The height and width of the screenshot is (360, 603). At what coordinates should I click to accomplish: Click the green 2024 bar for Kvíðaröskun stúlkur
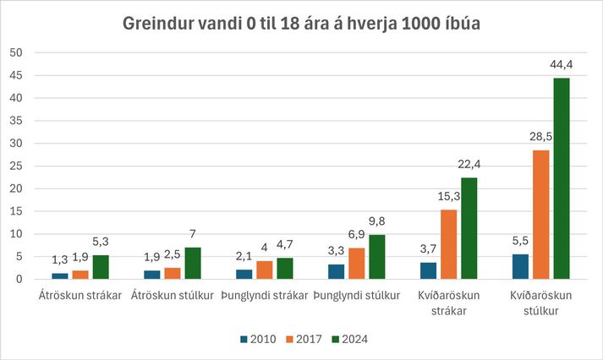pos(562,178)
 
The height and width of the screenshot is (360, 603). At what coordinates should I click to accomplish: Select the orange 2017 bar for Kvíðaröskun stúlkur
pos(541,215)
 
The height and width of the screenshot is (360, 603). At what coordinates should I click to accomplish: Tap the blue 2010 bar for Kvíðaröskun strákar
pos(429,271)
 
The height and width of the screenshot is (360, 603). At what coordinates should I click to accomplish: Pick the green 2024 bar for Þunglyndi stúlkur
pos(377,257)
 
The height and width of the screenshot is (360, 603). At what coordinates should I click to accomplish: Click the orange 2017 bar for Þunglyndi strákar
pos(265,270)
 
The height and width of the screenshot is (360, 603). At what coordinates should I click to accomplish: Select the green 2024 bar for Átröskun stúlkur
pos(193,263)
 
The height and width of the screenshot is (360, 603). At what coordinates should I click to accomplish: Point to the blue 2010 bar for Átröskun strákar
pos(60,276)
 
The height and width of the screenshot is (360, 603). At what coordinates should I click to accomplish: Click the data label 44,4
pos(561,64)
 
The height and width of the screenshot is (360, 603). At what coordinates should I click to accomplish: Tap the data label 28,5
pos(540,136)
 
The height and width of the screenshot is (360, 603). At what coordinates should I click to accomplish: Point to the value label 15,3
pos(449,196)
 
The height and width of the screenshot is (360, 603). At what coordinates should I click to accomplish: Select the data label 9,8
pos(376,221)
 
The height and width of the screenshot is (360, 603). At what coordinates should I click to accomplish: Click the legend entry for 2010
pos(258,339)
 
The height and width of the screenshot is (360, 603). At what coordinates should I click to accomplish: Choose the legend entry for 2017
pos(304,339)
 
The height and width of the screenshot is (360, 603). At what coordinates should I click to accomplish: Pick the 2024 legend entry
pos(350,339)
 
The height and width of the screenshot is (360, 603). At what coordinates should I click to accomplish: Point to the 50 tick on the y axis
pos(16,52)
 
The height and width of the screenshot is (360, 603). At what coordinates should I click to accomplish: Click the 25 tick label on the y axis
pos(16,166)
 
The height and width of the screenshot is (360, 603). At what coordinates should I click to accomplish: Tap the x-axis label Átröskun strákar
pos(80,296)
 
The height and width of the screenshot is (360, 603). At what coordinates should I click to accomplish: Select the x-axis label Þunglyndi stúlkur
pos(357,296)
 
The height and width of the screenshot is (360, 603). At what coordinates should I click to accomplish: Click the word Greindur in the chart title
pos(158,24)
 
